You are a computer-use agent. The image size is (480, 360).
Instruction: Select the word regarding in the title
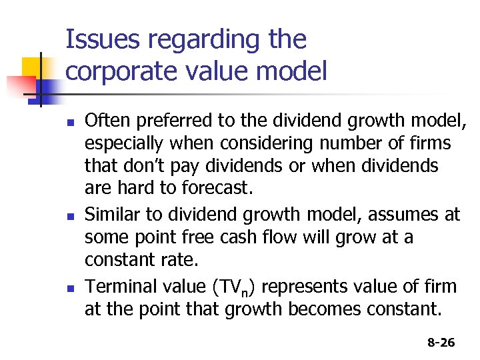[199, 41]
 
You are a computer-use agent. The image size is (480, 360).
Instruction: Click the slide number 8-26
[441, 343]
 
